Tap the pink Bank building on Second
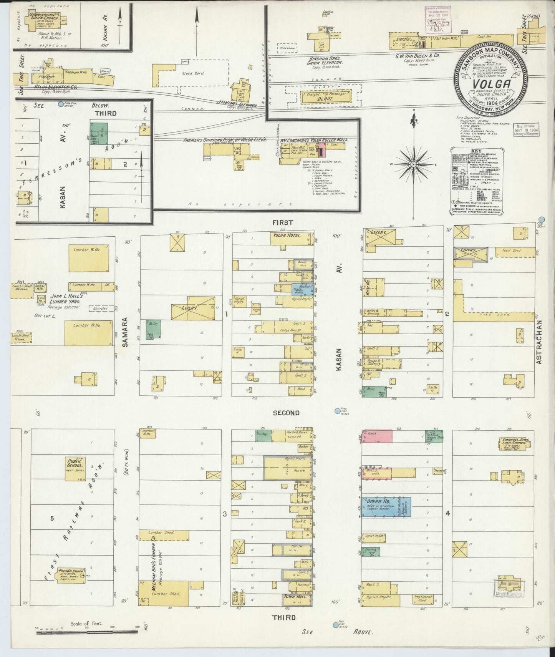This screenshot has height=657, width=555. (x=377, y=436)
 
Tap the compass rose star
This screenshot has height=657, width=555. (x=414, y=164)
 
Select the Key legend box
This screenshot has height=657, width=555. (x=477, y=180)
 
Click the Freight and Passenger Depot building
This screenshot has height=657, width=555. (x=326, y=96)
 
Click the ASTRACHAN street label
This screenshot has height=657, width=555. (x=539, y=342)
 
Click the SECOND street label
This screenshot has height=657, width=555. (x=286, y=413)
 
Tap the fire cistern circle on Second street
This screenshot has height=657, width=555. (x=337, y=411)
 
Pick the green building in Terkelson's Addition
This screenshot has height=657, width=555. (x=99, y=133)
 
